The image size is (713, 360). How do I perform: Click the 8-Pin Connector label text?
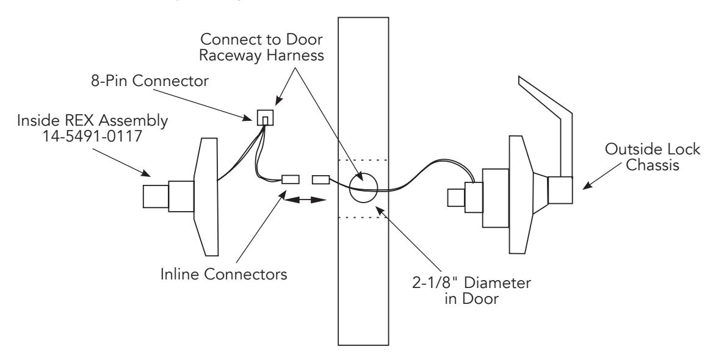tap(150, 81)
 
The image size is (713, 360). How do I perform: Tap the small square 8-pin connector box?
tap(266, 117)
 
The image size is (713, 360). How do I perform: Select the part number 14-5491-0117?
tap(92, 135)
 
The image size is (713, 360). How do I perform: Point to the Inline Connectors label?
tap(223, 275)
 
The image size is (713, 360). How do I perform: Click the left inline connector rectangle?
tap(290, 179)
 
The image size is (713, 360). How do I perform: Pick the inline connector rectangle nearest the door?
tap(320, 179)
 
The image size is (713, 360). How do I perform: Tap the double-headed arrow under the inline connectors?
tap(305, 199)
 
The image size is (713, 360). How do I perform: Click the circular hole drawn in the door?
tap(364, 187)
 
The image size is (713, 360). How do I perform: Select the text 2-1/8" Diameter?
tap(471, 283)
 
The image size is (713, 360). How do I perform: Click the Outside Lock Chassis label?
tap(653, 157)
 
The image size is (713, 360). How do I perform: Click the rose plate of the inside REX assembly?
tap(206, 197)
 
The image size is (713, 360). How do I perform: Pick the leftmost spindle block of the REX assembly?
tap(156, 196)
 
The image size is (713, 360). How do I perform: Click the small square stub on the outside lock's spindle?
tap(455, 198)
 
